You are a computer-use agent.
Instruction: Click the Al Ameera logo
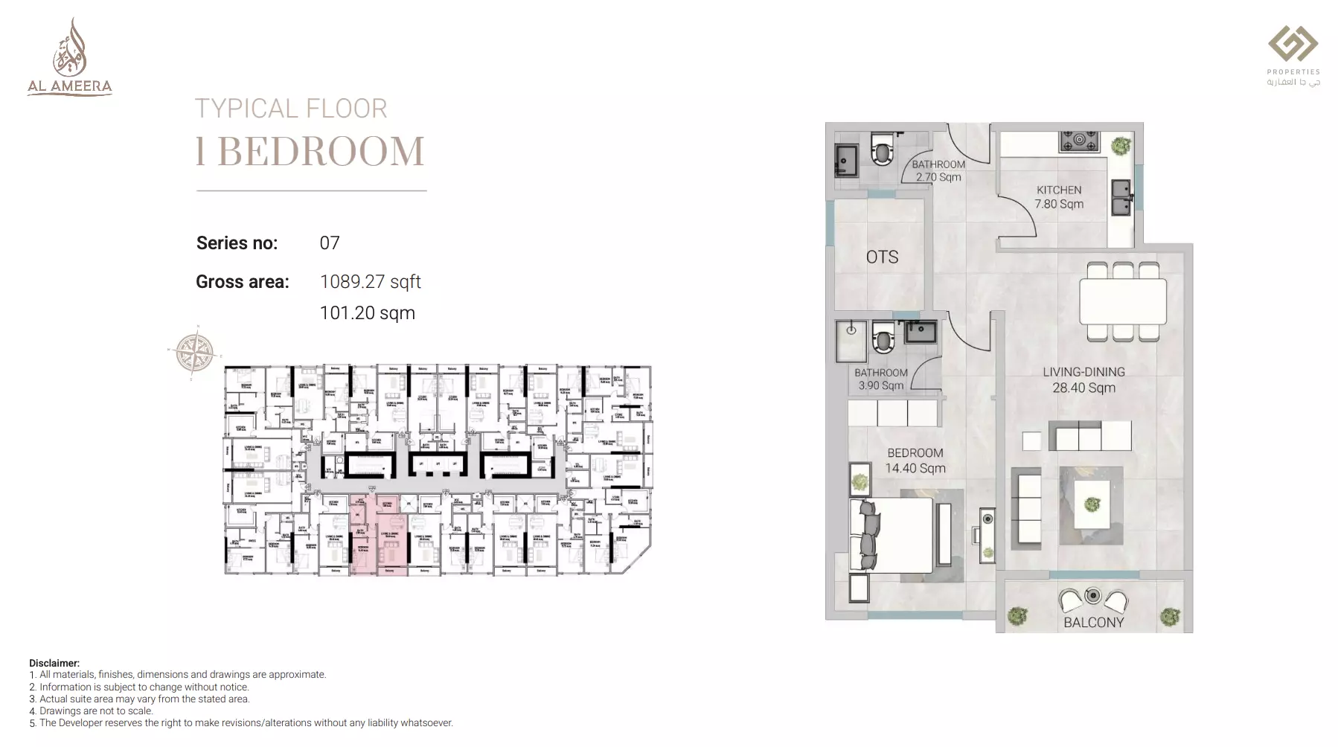tap(70, 58)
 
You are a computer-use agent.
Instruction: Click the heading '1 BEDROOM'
tap(310, 151)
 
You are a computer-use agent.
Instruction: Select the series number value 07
tap(330, 243)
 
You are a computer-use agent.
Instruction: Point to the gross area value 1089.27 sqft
tap(370, 282)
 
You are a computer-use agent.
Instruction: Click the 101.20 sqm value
tap(367, 313)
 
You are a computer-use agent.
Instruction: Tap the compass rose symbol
tap(194, 351)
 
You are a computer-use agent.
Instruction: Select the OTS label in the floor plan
tap(882, 257)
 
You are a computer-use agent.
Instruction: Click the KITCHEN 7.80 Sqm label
tap(1059, 197)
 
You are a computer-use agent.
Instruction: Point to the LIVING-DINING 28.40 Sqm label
tap(1083, 379)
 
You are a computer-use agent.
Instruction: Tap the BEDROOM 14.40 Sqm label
tap(915, 461)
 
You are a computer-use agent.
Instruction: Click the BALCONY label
tap(1093, 622)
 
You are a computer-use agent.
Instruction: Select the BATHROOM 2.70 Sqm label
tap(938, 170)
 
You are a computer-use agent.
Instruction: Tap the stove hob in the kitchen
tap(1079, 141)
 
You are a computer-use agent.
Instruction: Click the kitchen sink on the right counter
tap(1121, 196)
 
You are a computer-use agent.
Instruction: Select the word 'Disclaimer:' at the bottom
tap(54, 663)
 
